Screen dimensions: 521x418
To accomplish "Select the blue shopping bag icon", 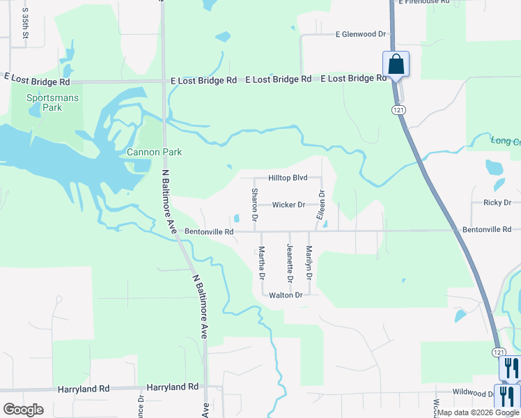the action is coord(396,64).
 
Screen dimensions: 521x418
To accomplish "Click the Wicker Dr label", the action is coord(288,205).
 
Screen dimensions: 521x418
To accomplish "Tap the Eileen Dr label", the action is coord(321,205).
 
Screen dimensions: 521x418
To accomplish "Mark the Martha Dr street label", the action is coord(262,263).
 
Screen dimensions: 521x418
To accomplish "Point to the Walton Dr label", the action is coord(286,295).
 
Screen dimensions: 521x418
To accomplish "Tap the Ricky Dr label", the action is coord(497,203).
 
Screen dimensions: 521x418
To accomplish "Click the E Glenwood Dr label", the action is coord(360,33).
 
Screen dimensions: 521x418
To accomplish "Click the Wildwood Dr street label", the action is coord(474,393).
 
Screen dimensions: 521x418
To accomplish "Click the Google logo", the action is coord(23,410).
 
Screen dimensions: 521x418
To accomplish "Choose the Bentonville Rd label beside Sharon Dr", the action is coord(209,231).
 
